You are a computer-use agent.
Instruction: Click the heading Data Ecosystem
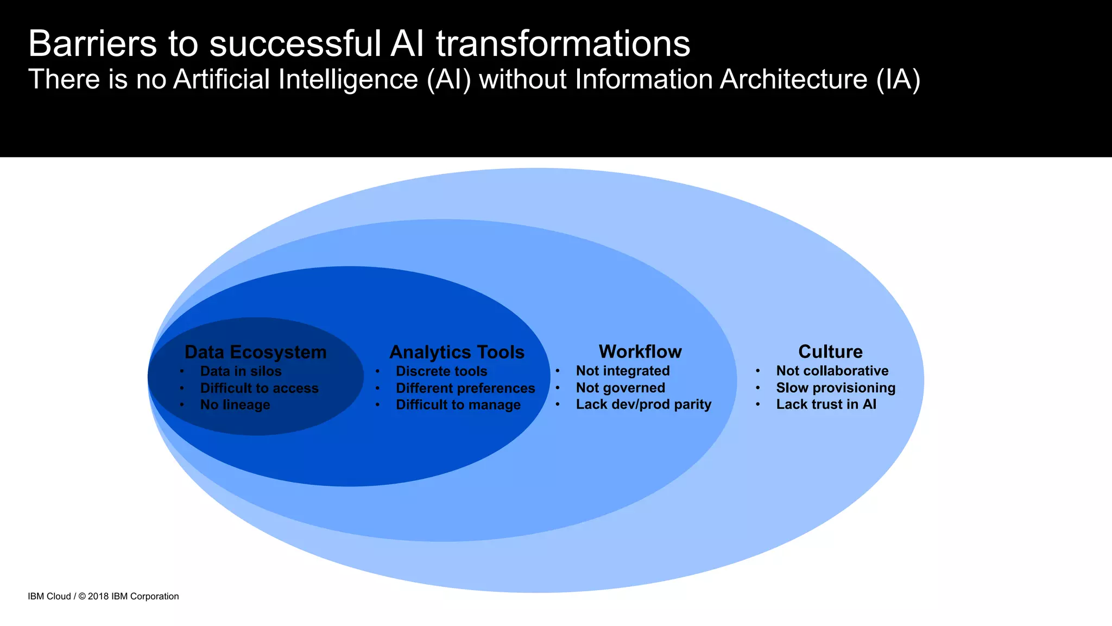tap(255, 352)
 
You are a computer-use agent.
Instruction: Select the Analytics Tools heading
tap(457, 352)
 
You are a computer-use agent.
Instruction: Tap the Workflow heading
tap(640, 352)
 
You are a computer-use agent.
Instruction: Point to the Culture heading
tap(830, 352)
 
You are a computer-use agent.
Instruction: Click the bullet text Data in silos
tap(241, 371)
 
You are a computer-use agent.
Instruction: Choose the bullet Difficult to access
tap(259, 388)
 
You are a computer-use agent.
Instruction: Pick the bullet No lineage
tap(235, 405)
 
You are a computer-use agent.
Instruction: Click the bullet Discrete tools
tap(441, 371)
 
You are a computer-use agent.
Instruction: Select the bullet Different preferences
tap(465, 388)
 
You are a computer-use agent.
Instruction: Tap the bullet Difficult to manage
tap(458, 405)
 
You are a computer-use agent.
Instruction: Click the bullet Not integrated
tap(622, 371)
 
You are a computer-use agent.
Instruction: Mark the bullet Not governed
tap(620, 387)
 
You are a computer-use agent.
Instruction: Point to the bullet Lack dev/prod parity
tap(643, 404)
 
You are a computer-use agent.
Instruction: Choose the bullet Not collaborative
tap(832, 371)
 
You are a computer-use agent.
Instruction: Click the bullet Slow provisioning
tap(836, 387)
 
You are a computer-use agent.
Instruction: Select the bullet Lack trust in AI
tap(826, 404)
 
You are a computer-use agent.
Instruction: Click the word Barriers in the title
tap(92, 43)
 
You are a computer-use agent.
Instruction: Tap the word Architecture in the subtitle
tap(793, 79)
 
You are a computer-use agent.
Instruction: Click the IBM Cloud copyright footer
tap(103, 596)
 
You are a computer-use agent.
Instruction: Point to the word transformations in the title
tap(563, 43)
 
